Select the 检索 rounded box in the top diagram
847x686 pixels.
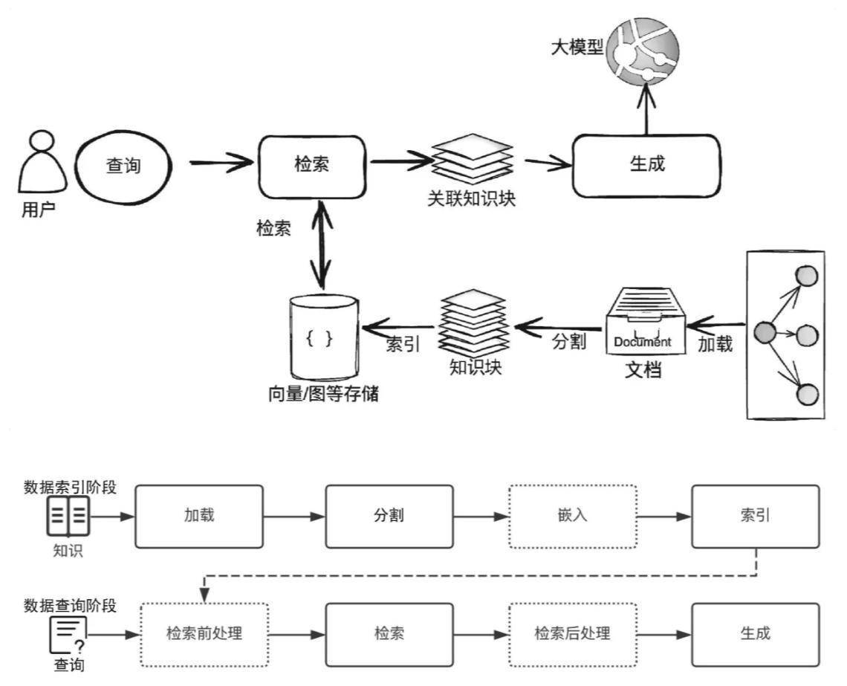click(312, 166)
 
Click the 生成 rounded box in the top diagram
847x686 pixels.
click(646, 166)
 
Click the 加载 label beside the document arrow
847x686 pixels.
click(715, 344)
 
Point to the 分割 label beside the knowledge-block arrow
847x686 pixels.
click(569, 342)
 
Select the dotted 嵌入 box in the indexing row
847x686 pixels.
click(572, 516)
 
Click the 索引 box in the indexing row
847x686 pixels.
click(755, 516)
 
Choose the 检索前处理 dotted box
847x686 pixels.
click(204, 634)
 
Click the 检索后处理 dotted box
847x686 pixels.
click(572, 634)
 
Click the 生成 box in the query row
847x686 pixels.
click(755, 634)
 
